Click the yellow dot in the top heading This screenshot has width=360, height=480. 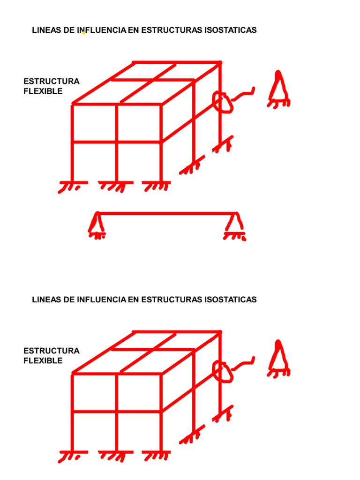coord(83,33)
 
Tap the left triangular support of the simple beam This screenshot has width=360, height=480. coord(96,224)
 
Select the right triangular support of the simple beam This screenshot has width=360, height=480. coord(235,224)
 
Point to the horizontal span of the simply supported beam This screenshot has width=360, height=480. coord(166,213)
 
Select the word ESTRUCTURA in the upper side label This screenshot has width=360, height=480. coord(52,81)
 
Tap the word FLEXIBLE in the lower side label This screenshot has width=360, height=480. coord(43,361)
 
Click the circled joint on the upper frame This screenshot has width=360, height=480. coord(222,102)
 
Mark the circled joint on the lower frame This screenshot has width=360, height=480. coord(222,371)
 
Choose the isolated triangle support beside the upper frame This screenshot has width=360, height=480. coord(279,89)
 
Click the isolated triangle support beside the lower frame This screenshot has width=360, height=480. coord(279,359)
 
